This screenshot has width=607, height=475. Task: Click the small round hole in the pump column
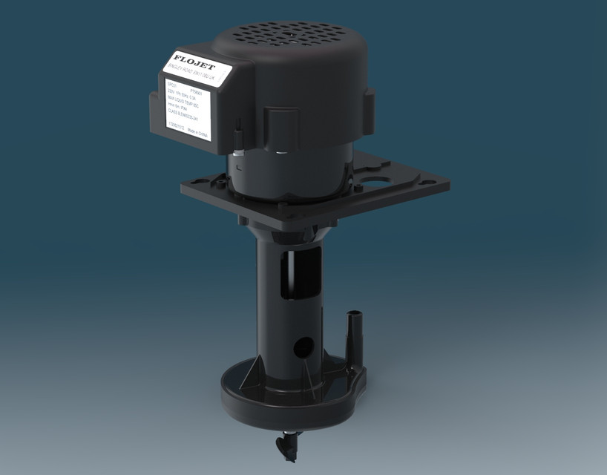[x=302, y=345]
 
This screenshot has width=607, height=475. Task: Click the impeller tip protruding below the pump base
[x=286, y=445]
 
